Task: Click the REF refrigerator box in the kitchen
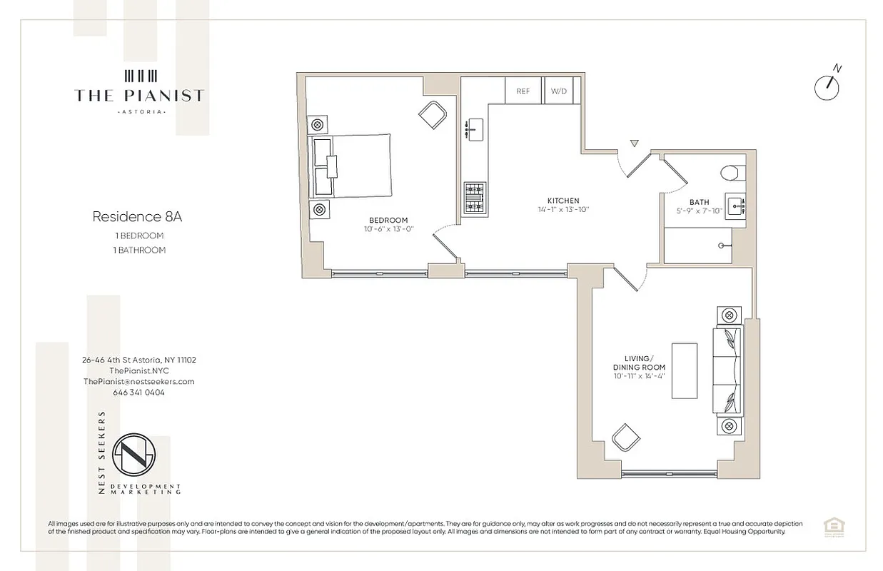tap(523, 91)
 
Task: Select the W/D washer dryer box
tap(557, 91)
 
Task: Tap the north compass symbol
tap(828, 86)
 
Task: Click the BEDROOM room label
tap(388, 220)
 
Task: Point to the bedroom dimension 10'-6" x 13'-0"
tap(388, 229)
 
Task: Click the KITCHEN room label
tap(563, 201)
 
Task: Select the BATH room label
tap(699, 202)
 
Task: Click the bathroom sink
tap(735, 203)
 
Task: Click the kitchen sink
tap(475, 130)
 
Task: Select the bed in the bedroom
tap(351, 166)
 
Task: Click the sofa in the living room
tap(729, 371)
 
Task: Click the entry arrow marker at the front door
tap(633, 143)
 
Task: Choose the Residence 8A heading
tap(132, 216)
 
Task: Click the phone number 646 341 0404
tap(138, 392)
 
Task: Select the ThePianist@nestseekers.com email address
tap(138, 381)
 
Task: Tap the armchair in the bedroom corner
tap(433, 114)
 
